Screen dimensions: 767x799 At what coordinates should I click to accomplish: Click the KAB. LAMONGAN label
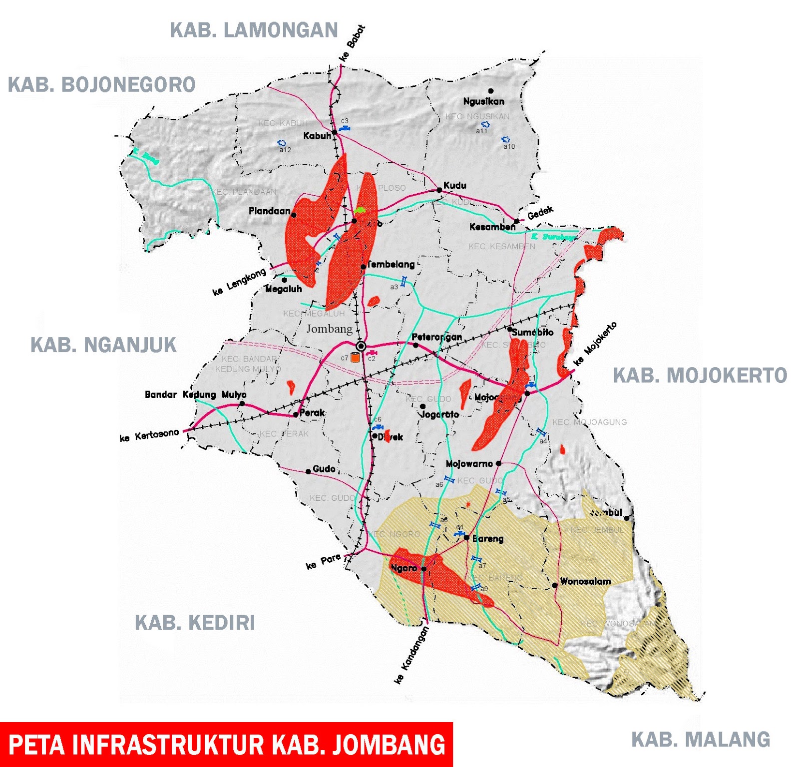tap(254, 30)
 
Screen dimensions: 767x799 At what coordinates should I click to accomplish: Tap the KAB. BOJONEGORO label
tap(102, 85)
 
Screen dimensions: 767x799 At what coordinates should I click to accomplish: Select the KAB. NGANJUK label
tap(103, 345)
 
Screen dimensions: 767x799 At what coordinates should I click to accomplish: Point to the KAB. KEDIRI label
tap(195, 623)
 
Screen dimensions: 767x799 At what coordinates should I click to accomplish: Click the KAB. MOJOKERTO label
tap(700, 376)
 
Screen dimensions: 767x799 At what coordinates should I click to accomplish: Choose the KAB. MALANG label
tap(701, 740)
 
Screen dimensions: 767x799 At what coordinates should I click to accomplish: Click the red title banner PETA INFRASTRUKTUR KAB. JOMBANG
tap(226, 745)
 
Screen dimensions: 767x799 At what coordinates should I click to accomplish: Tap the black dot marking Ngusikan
tap(491, 91)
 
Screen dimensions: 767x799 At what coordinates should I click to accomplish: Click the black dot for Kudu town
tap(439, 190)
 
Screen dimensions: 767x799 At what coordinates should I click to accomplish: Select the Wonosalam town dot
tap(554, 585)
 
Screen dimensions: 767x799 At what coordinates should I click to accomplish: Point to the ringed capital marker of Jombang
tap(361, 346)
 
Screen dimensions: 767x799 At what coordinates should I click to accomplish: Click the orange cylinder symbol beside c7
tap(355, 358)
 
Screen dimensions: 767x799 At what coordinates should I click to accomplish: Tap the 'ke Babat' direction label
tap(353, 43)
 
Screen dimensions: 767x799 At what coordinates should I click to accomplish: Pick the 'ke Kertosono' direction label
tap(149, 435)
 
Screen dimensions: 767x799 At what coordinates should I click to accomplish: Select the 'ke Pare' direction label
tap(323, 561)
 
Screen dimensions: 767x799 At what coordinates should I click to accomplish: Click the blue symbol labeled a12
tap(282, 143)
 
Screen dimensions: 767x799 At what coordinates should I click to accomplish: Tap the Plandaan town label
tap(269, 211)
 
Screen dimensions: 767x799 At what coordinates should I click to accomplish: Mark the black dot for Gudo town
tap(308, 471)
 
